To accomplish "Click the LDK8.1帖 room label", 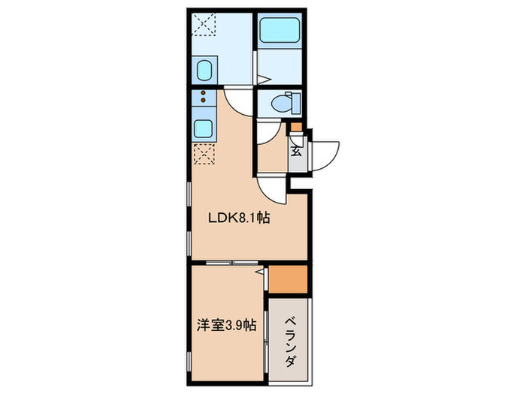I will point(239,219).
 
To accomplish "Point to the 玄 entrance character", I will point(296,150).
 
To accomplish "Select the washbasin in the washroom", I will point(202,72).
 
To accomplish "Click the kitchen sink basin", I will point(203,127).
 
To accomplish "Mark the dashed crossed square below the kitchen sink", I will point(203,153).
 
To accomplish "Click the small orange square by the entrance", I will point(297,127).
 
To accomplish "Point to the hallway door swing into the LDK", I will point(271,190).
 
